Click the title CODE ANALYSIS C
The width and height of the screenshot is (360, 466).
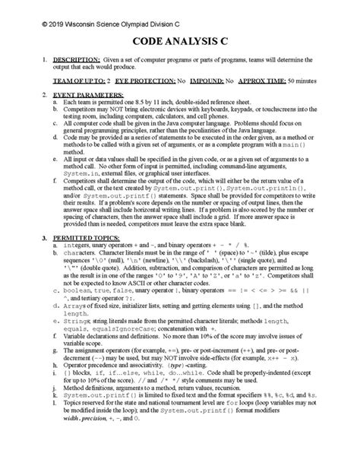click(180, 43)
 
